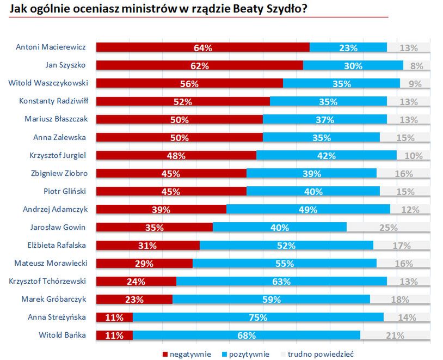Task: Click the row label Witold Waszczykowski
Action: point(48,83)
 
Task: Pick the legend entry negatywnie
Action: point(187,354)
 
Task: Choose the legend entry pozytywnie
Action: point(245,354)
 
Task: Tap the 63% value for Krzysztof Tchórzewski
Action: point(281,282)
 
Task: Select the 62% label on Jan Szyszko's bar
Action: point(200,66)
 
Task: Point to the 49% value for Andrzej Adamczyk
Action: point(308,210)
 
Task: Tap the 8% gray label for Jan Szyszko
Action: point(417,66)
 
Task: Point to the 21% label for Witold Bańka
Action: point(395,335)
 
